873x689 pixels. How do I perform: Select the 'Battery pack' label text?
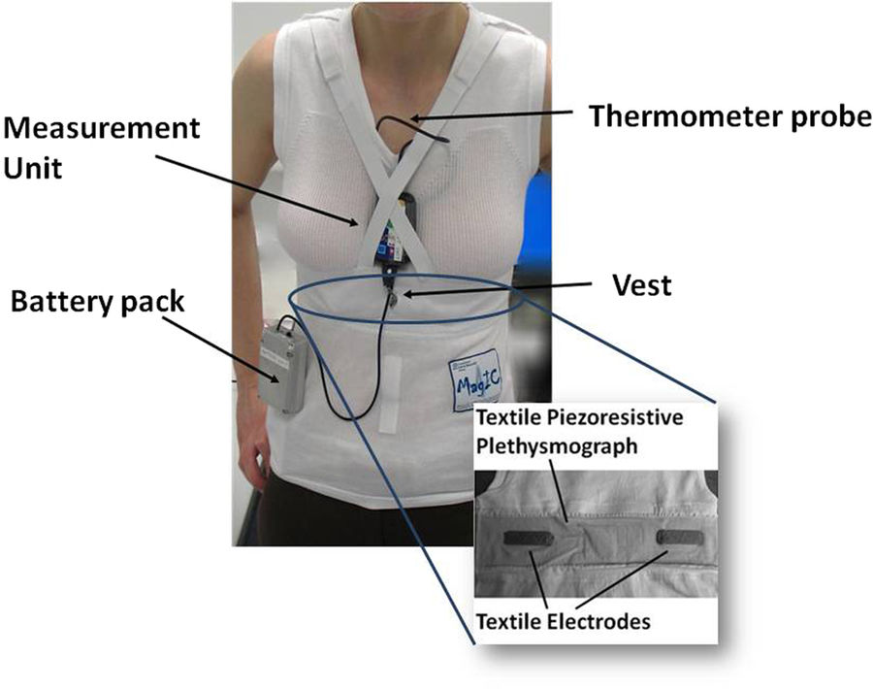(x=97, y=301)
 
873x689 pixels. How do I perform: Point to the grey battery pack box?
(x=283, y=365)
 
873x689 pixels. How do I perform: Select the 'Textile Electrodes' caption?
(x=563, y=621)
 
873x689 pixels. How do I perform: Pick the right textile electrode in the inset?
(x=677, y=536)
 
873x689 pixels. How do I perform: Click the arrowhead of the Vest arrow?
(x=405, y=294)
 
